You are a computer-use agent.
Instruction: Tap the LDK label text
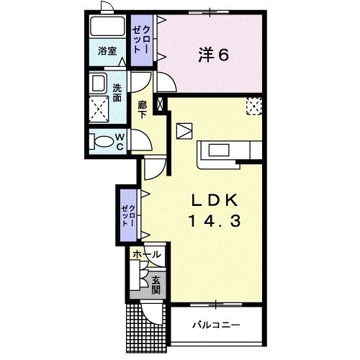pyautogui.click(x=215, y=200)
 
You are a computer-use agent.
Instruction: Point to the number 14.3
pyautogui.click(x=215, y=221)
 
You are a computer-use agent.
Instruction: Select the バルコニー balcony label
pyautogui.click(x=216, y=325)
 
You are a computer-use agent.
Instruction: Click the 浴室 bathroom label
pyautogui.click(x=107, y=51)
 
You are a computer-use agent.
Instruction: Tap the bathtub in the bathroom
pyautogui.click(x=107, y=26)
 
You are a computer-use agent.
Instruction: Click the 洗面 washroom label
pyautogui.click(x=117, y=93)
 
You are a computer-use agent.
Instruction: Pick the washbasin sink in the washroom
pyautogui.click(x=98, y=84)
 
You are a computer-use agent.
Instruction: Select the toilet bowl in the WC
pyautogui.click(x=102, y=142)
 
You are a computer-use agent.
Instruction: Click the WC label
pyautogui.click(x=120, y=142)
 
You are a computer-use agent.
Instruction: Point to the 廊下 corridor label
pyautogui.click(x=143, y=109)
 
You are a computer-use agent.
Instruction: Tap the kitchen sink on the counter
pyautogui.click(x=219, y=150)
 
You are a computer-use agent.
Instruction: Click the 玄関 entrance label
pyautogui.click(x=156, y=285)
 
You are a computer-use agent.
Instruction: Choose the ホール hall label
pyautogui.click(x=146, y=254)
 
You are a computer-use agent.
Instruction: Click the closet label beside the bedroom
pyautogui.click(x=142, y=40)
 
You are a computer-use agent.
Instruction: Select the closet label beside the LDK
pyautogui.click(x=129, y=215)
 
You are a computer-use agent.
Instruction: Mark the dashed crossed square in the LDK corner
pyautogui.click(x=254, y=106)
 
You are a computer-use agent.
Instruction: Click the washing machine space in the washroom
pyautogui.click(x=99, y=109)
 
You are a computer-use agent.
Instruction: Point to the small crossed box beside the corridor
pyautogui.click(x=160, y=104)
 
